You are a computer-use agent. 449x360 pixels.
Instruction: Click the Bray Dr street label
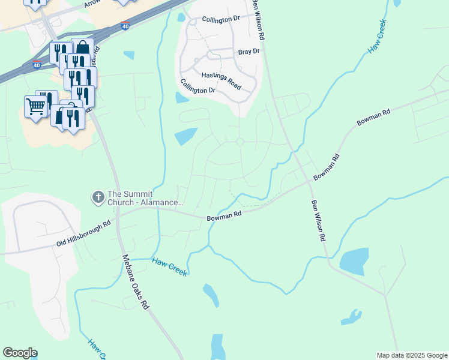(249, 52)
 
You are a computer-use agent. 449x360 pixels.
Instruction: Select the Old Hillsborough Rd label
(84, 234)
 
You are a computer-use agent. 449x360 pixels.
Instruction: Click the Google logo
(20, 353)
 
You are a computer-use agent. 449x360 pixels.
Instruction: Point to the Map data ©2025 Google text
(411, 355)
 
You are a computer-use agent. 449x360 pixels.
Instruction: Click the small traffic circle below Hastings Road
(240, 142)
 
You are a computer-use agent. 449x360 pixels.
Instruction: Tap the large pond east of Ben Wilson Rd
(354, 262)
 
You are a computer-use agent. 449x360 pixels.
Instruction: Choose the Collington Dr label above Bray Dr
(221, 20)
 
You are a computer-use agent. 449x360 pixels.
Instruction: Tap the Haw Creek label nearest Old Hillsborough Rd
(170, 267)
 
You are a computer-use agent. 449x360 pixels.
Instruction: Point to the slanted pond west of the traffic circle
(185, 136)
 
